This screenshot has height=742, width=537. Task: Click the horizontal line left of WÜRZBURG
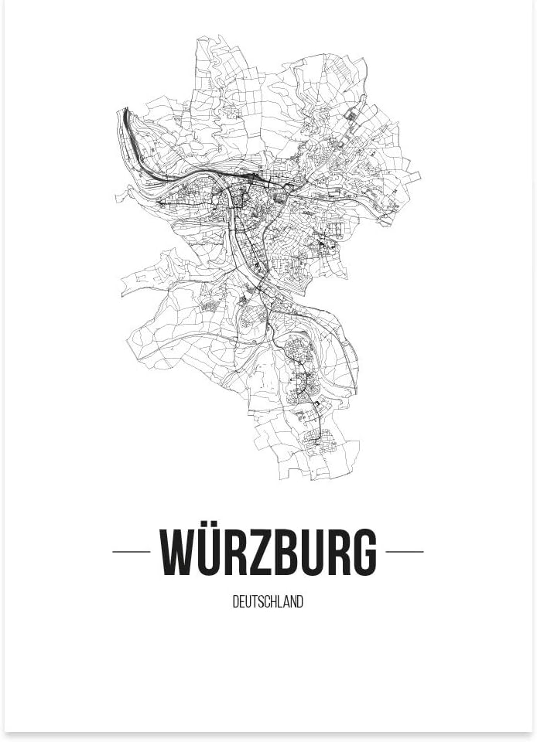(132, 552)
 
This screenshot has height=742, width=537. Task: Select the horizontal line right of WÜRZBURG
(405, 552)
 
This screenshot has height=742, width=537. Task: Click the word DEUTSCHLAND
(268, 602)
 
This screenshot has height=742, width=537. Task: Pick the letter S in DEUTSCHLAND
(259, 602)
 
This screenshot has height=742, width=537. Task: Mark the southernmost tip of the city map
(310, 479)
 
